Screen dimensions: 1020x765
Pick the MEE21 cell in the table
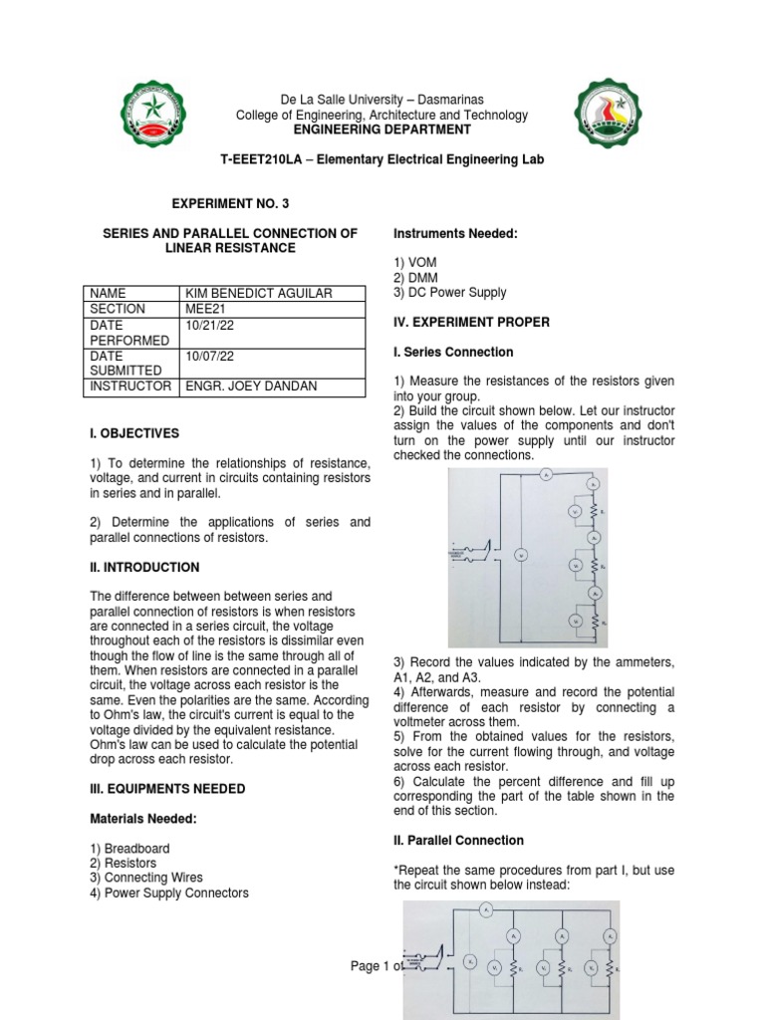(204, 309)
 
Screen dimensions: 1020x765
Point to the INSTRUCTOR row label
(130, 385)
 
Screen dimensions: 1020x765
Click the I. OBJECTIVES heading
(134, 434)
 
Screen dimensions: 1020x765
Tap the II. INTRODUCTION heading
(144, 568)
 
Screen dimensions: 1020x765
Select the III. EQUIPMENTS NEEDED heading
(167, 789)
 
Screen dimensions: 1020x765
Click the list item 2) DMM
(414, 278)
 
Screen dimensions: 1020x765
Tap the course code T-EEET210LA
(260, 160)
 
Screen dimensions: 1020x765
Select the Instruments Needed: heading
(453, 233)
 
